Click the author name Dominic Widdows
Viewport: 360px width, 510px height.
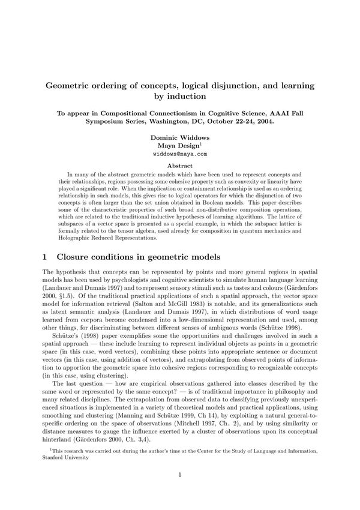click(x=180, y=137)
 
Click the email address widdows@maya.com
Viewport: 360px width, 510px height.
click(x=180, y=154)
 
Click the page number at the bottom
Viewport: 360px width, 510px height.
click(x=180, y=475)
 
